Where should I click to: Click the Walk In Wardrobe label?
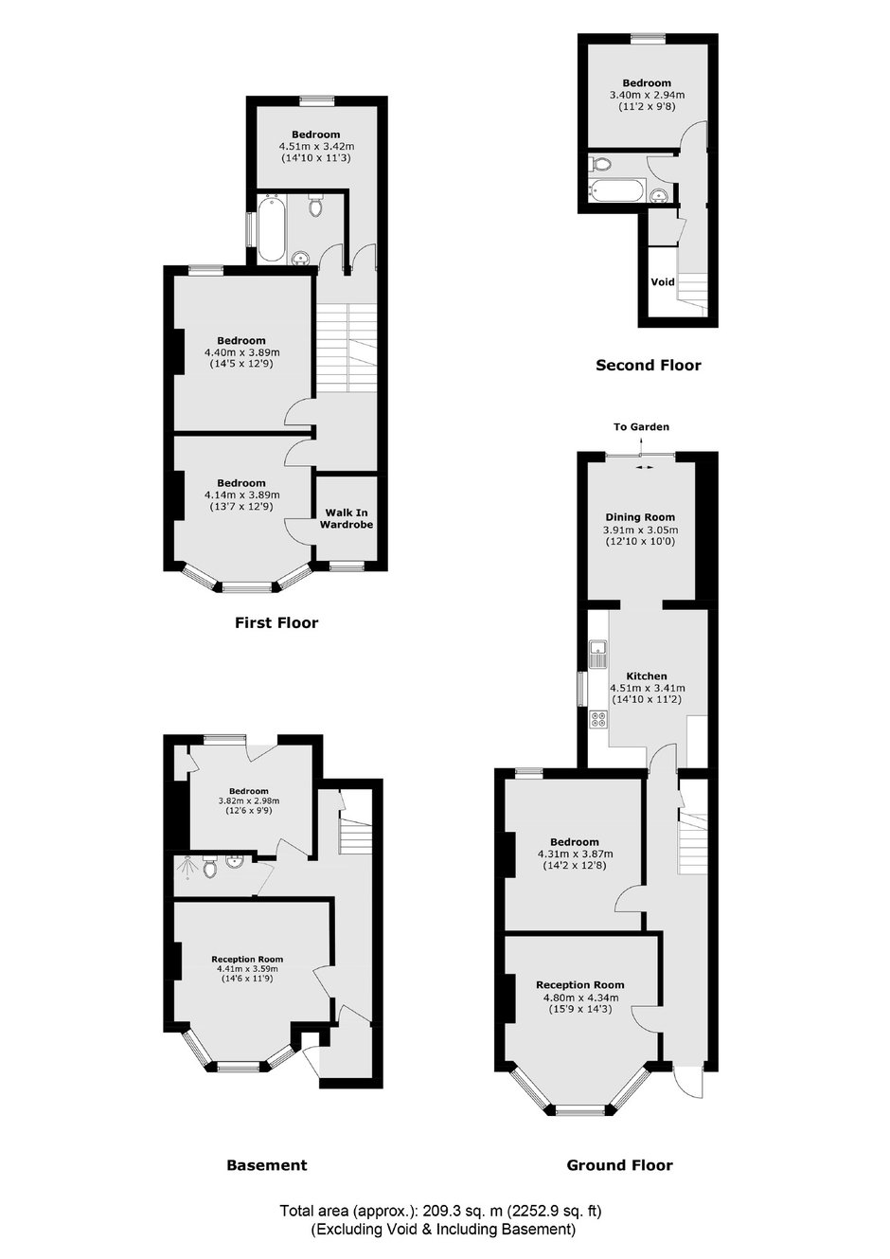pyautogui.click(x=347, y=518)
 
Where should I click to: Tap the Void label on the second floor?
pyautogui.click(x=663, y=281)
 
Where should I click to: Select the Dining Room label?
pyautogui.click(x=640, y=517)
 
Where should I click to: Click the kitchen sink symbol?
pyautogui.click(x=596, y=655)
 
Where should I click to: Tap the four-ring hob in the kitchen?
pyautogui.click(x=597, y=719)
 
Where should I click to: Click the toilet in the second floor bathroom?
pyautogui.click(x=599, y=165)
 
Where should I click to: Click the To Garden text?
pyautogui.click(x=641, y=426)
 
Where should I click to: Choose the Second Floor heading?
pyautogui.click(x=649, y=366)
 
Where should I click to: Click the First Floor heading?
pyautogui.click(x=276, y=622)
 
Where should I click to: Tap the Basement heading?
pyautogui.click(x=267, y=1165)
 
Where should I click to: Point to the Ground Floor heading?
pyautogui.click(x=620, y=1165)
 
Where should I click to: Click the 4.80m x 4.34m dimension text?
pyautogui.click(x=580, y=998)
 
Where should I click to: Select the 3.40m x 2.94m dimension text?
pyautogui.click(x=648, y=95)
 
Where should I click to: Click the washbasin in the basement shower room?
pyautogui.click(x=234, y=861)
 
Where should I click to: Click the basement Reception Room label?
pyautogui.click(x=247, y=960)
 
